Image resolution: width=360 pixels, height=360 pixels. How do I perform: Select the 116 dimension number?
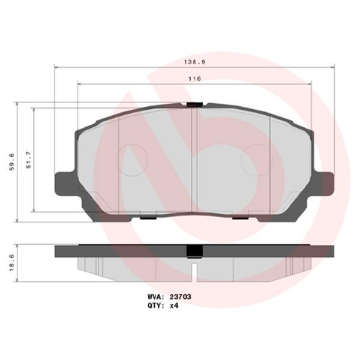(193, 79)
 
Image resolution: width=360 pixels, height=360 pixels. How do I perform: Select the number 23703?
(181, 296)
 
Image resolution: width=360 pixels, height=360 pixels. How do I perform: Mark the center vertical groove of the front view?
(197, 159)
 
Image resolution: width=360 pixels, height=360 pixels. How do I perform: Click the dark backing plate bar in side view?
(120, 251)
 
